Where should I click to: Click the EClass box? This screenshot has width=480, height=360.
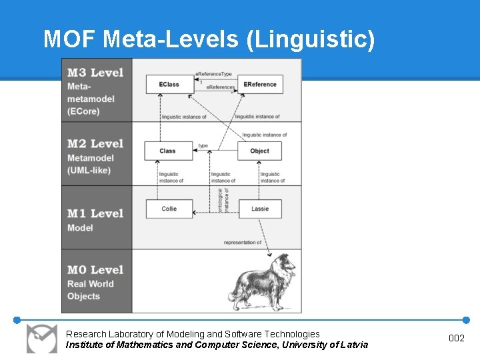[169, 85]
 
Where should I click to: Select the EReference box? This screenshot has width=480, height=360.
[260, 85]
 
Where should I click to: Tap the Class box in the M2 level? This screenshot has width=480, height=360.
[168, 151]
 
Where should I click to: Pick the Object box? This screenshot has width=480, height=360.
[259, 151]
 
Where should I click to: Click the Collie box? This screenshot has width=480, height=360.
[169, 209]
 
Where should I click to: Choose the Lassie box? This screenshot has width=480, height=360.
[260, 209]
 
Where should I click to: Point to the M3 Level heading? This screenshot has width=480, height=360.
[95, 72]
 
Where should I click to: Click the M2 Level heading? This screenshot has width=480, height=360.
[95, 143]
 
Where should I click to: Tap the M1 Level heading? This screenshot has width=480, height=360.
[95, 213]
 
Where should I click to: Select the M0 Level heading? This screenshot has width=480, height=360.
[95, 269]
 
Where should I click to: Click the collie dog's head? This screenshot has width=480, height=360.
[279, 263]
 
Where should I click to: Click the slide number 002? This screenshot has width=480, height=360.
[457, 339]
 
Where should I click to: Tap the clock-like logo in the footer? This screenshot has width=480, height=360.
[41, 339]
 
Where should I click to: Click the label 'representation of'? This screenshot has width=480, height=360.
[243, 243]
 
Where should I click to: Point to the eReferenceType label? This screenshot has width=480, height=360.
[213, 73]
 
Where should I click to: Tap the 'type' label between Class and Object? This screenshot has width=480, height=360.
[203, 145]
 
